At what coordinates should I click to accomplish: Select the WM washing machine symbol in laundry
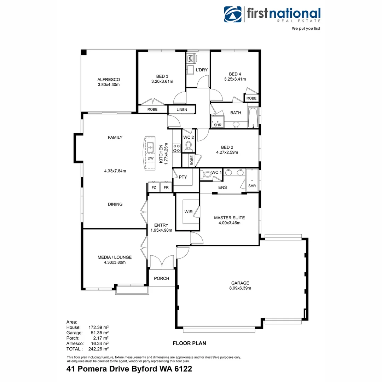[x=190, y=57]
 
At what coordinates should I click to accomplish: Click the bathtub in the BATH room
[x=253, y=118]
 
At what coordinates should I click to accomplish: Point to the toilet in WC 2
[x=189, y=146]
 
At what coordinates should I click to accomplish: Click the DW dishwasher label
[x=150, y=158]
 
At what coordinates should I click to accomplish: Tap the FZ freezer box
[x=154, y=187]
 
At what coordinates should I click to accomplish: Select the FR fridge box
[x=166, y=187]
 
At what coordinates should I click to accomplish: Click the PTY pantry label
[x=183, y=177]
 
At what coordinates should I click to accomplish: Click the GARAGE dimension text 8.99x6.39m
[x=240, y=288]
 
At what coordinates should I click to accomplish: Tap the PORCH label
[x=161, y=278]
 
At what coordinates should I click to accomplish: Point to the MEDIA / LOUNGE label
[x=115, y=257]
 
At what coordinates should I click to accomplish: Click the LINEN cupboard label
[x=182, y=110]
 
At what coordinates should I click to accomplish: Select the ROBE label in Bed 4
[x=251, y=98]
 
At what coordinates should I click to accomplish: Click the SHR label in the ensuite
[x=252, y=186]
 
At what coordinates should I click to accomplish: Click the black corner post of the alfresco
[x=84, y=52]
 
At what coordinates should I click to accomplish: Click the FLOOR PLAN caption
[x=189, y=343]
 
